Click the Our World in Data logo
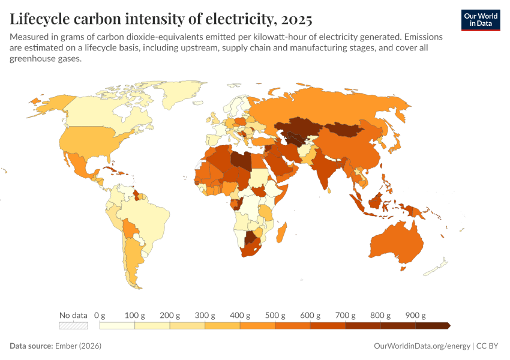(x=480, y=20)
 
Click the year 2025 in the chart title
(x=295, y=19)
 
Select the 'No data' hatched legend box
(x=73, y=326)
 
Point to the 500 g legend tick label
(x=275, y=315)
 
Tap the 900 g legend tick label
(x=415, y=315)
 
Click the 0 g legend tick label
(x=100, y=315)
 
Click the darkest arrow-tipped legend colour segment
(x=433, y=326)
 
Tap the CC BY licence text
(x=488, y=346)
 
